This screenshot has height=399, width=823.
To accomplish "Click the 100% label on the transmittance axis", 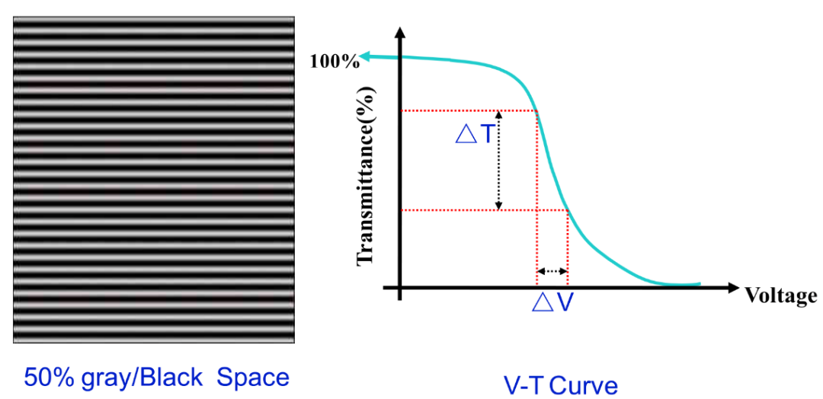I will click(335, 61).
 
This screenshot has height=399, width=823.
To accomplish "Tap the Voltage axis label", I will click(780, 295).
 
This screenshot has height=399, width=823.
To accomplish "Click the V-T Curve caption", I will click(560, 385).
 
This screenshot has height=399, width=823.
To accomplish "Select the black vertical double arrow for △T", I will click(498, 160).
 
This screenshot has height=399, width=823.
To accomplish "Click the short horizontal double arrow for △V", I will click(552, 271).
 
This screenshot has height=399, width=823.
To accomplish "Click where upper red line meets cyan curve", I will click(537, 111).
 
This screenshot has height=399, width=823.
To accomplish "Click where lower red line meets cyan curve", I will click(568, 210).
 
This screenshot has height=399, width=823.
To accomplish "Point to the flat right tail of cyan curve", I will click(682, 285).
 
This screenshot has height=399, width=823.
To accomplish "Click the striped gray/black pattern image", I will click(153, 180).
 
